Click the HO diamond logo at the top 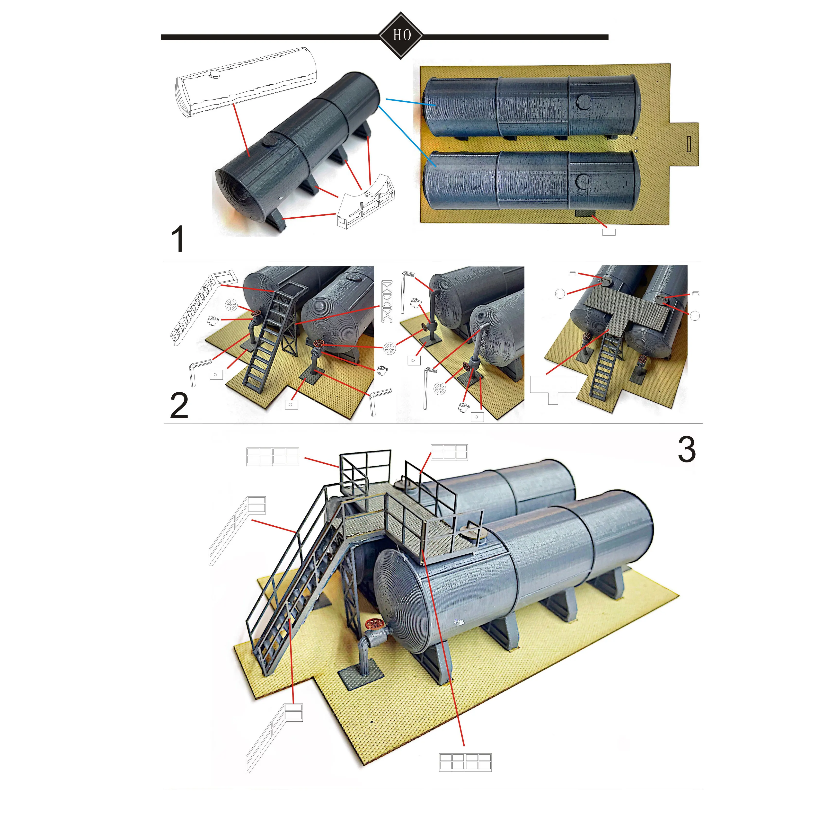pos(400,35)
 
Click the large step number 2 pos(179,406)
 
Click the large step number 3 pos(686,449)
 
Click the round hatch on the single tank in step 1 pos(270,140)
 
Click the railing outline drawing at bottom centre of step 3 pos(465,762)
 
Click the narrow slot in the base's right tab pos(689,144)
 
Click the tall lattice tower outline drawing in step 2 pos(387,301)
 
